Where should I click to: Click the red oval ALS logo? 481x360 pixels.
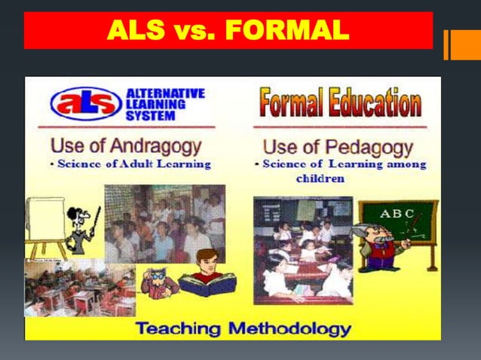(86, 102)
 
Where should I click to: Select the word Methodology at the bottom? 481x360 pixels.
(290, 328)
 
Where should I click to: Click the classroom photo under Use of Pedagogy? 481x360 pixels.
(303, 249)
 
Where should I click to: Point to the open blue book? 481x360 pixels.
(207, 285)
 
